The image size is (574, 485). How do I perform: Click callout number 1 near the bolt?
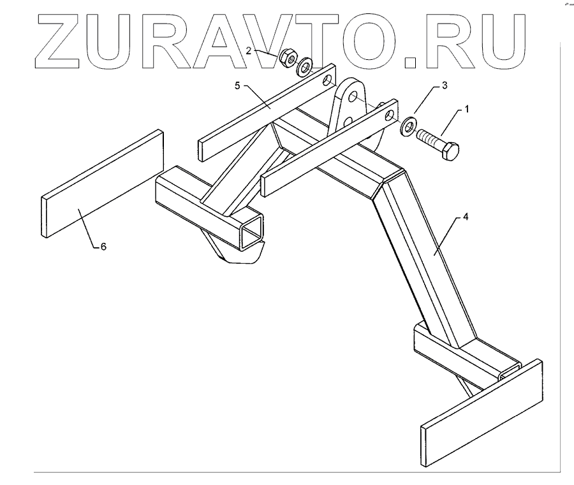coord(466,109)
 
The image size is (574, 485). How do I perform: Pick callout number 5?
coord(237,85)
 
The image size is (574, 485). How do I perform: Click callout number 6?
coord(103,247)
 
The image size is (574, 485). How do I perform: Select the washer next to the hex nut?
coord(305,66)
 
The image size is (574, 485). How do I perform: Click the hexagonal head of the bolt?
coord(450,152)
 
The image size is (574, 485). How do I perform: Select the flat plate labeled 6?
coord(102,185)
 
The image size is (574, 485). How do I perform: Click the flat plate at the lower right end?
coord(482,414)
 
